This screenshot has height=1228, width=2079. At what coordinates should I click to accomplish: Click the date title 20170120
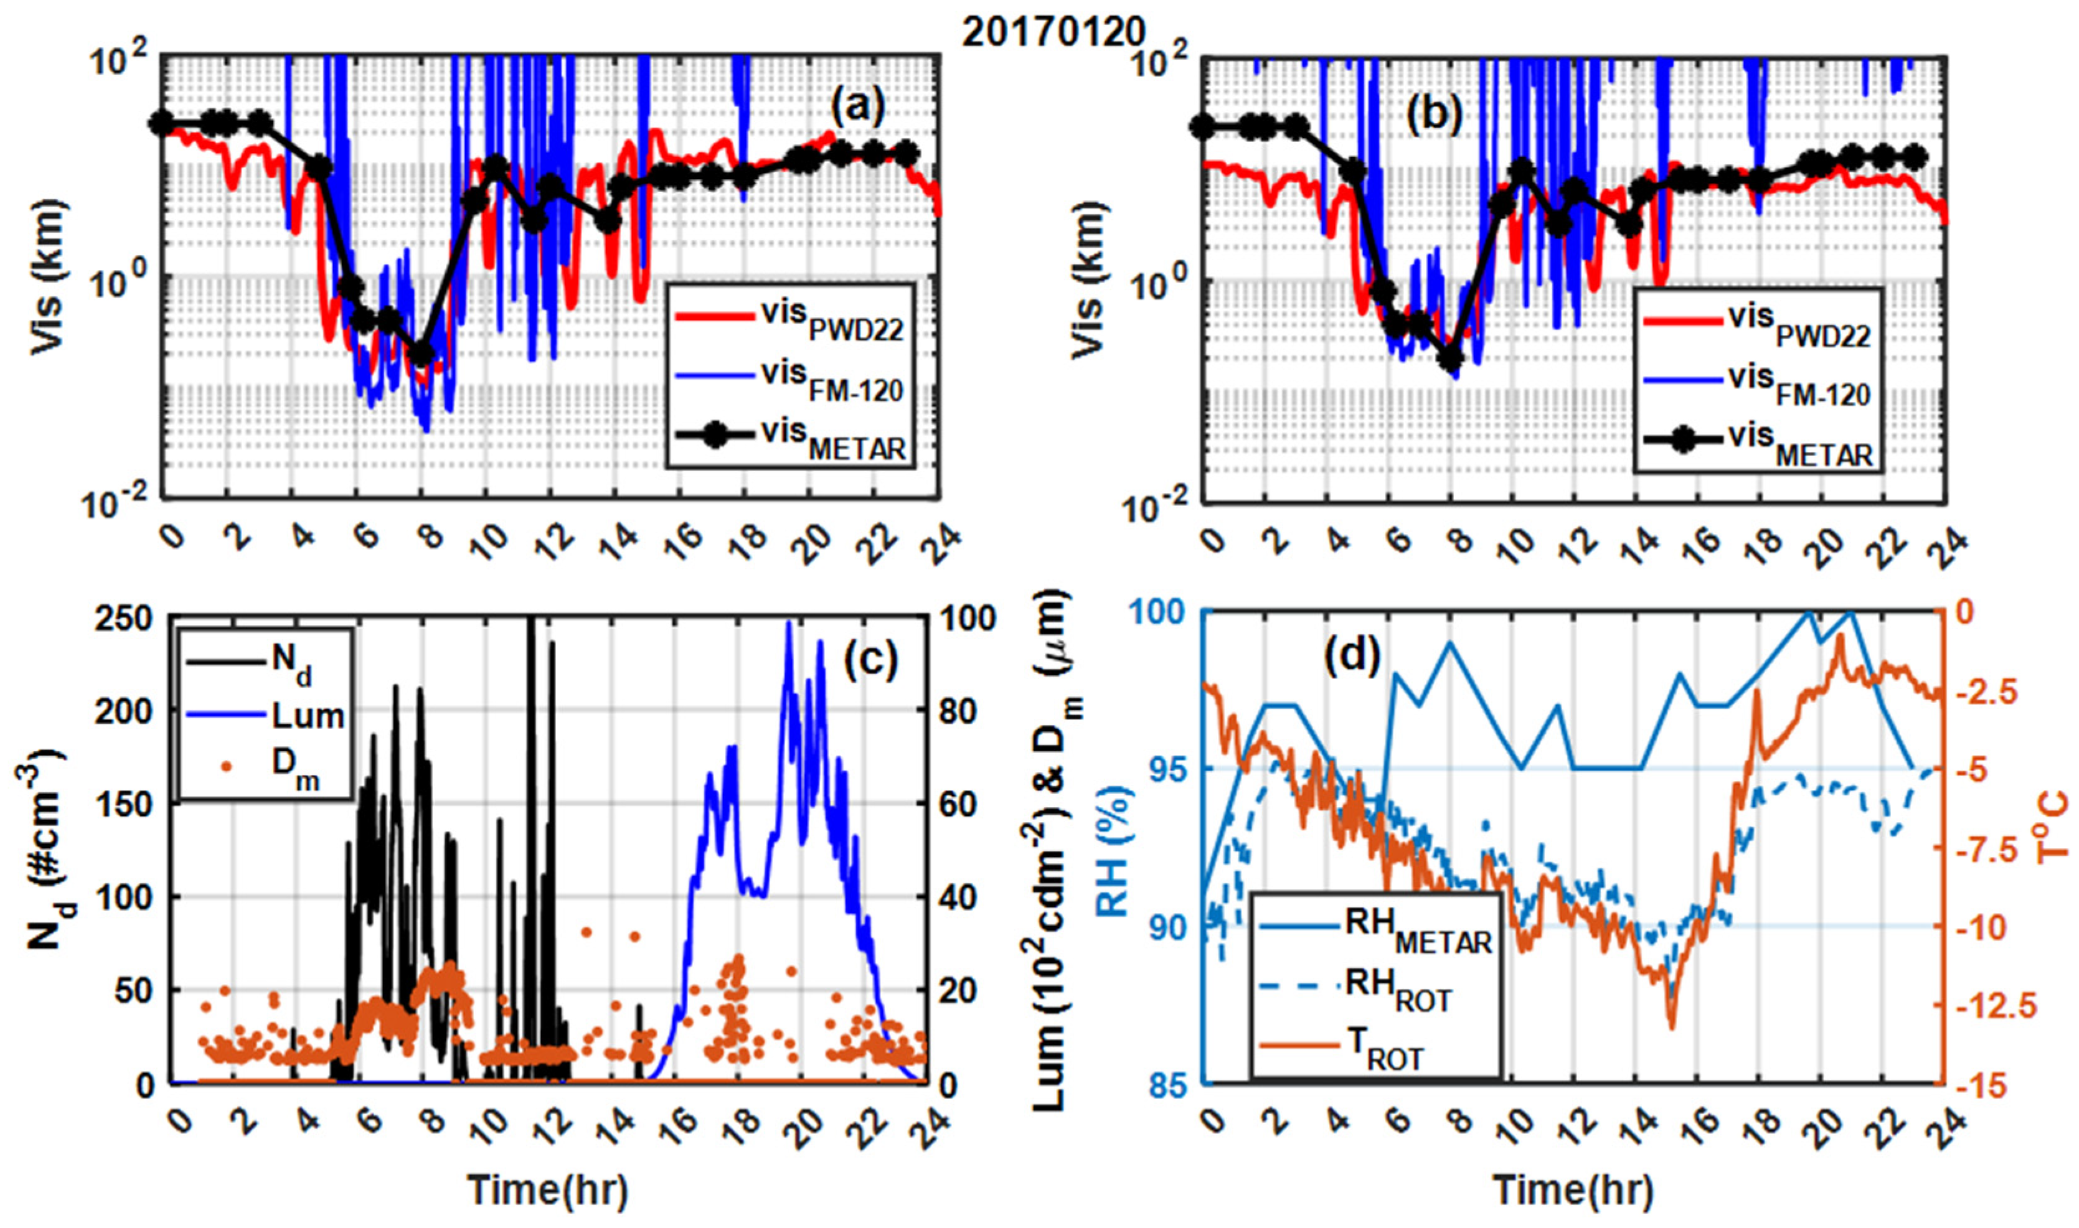pos(1053,32)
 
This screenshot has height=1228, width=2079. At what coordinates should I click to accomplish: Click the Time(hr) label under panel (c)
pos(549,1190)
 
